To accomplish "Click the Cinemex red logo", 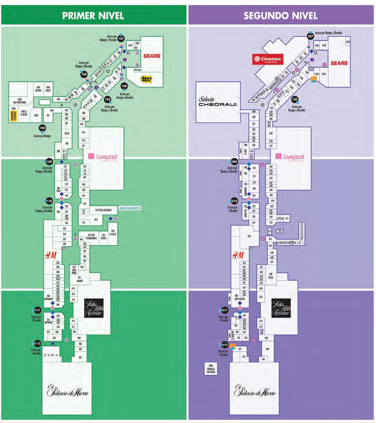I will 268,59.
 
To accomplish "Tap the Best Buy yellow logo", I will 146,79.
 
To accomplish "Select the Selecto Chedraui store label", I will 218,102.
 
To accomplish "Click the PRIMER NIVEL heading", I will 93,15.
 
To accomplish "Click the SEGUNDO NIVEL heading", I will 280,15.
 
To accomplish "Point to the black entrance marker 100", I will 43,128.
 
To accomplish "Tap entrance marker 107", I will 121,39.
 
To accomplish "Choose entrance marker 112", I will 37,344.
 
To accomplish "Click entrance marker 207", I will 310,36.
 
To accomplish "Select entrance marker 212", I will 225,345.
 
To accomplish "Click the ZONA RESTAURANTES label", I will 129,208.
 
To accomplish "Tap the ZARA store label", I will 51,355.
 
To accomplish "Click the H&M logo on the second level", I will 238,256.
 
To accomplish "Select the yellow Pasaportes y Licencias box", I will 13,115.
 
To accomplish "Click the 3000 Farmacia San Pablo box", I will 211,369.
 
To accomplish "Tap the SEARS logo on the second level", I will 339,63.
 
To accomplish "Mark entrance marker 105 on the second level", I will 294,99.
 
